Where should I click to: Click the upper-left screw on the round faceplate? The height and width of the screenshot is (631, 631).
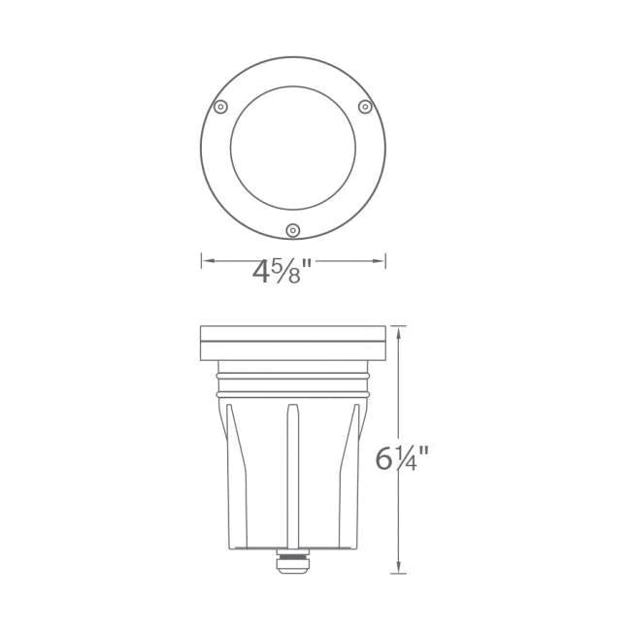[220, 105]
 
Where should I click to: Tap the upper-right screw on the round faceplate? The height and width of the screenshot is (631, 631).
[365, 105]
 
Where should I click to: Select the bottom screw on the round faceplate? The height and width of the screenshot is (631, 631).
[292, 229]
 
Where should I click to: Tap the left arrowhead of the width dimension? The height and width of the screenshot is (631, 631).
[206, 260]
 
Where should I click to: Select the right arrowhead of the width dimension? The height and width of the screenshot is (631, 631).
[382, 260]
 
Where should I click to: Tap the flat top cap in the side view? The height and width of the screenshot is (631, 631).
[293, 338]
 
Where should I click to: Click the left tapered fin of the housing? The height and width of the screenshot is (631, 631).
[234, 466]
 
